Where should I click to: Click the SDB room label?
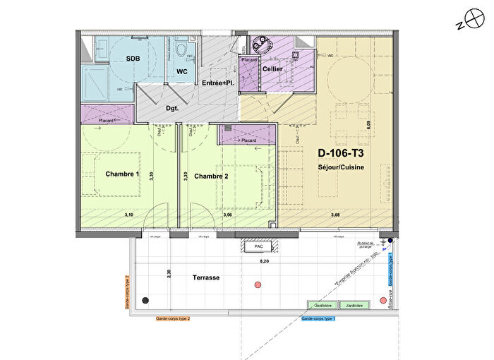[132, 59]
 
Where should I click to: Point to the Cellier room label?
[272, 69]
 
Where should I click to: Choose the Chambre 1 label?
[123, 174]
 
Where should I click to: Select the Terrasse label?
[206, 278]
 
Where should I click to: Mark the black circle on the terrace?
[145, 300]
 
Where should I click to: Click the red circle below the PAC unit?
[257, 285]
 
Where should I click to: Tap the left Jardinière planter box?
[321, 306]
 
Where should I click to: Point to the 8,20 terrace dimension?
[265, 260]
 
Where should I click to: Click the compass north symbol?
[465, 22]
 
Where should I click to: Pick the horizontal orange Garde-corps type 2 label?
[173, 319]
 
